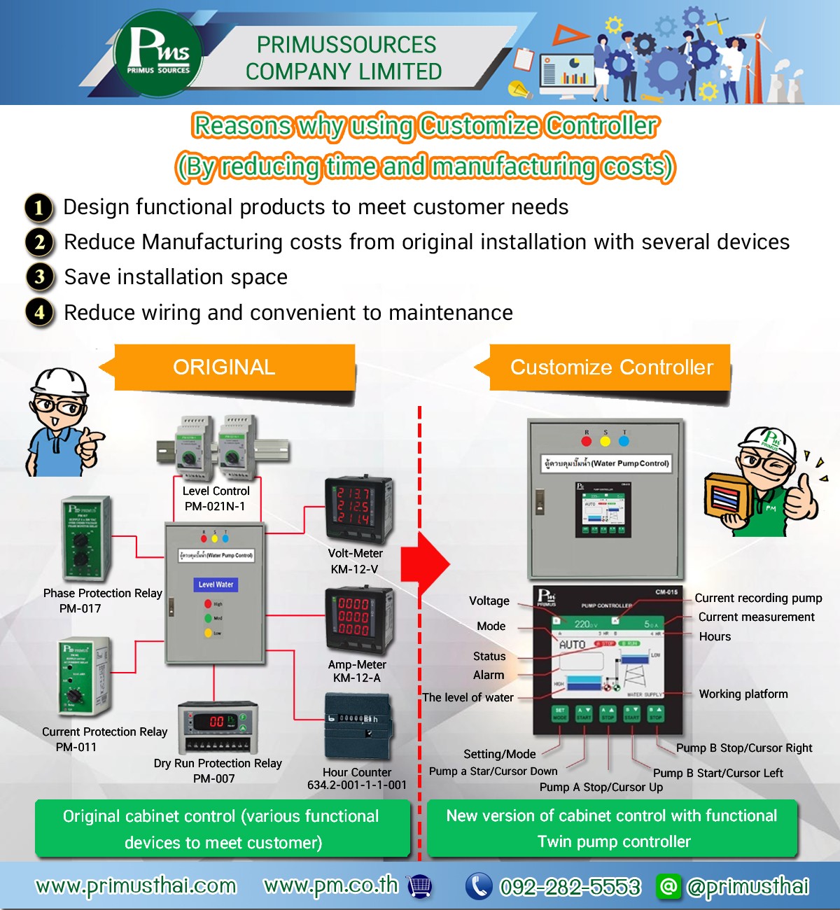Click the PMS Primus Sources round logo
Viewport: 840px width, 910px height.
pos(158,52)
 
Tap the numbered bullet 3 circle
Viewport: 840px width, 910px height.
pos(40,277)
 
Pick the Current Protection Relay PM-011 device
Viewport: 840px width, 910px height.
pos(83,677)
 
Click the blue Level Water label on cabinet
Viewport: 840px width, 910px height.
pos(216,584)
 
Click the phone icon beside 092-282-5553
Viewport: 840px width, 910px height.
pos(479,886)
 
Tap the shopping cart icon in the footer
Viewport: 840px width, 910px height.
pos(419,886)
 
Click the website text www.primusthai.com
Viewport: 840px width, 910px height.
pos(136,886)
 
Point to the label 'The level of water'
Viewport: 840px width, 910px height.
pos(468,698)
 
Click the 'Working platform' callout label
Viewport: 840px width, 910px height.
pos(743,694)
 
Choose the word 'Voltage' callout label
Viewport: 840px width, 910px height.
pos(489,601)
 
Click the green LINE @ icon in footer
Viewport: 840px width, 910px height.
pos(668,886)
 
